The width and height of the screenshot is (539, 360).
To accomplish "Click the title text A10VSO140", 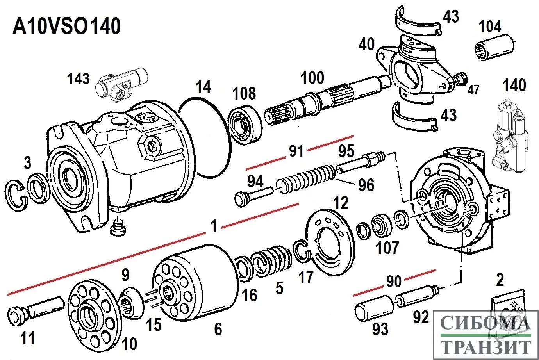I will [67, 27].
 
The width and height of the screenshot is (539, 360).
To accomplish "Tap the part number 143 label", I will [78, 79].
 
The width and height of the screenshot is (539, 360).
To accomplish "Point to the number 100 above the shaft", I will [312, 78].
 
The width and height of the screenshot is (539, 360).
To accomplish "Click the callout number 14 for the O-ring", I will [203, 87].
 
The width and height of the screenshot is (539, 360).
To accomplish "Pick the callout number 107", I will [387, 248].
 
